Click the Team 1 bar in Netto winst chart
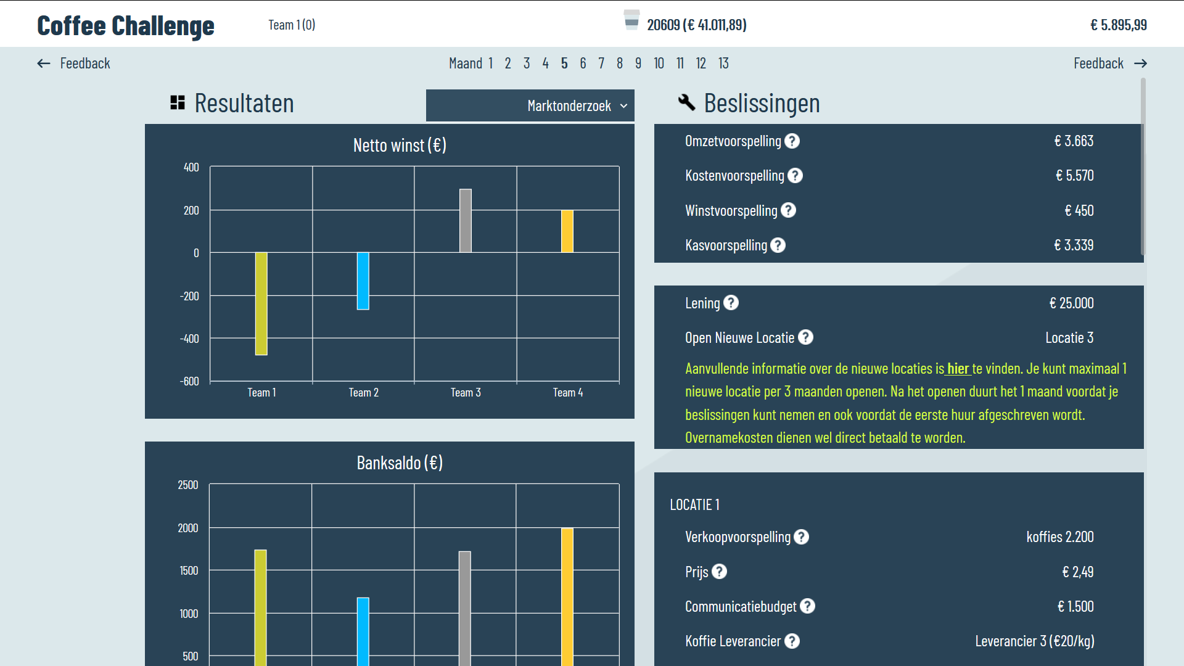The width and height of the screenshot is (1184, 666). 261,303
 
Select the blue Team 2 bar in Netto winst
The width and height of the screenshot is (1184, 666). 363,281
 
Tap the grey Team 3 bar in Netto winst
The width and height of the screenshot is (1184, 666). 466,220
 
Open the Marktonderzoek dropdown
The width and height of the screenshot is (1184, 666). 530,106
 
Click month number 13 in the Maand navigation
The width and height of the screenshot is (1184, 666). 723,64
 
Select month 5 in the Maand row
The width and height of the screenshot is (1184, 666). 564,64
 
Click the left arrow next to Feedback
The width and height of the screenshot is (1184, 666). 44,64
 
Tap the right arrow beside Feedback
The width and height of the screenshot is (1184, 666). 1140,64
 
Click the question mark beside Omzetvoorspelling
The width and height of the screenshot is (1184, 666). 792,141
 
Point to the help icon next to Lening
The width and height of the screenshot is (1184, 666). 731,303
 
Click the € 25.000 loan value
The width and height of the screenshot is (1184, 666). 1071,303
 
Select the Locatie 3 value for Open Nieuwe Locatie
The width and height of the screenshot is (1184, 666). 1069,338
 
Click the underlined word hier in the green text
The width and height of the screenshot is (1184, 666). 958,369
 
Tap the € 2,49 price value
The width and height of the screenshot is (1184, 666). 1077,572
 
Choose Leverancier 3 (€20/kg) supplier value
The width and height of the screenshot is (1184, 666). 1034,641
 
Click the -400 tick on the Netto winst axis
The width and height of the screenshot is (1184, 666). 189,339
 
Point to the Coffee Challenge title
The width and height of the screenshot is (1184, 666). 126,25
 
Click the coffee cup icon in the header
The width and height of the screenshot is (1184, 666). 631,20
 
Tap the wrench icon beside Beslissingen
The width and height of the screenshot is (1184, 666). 686,102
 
